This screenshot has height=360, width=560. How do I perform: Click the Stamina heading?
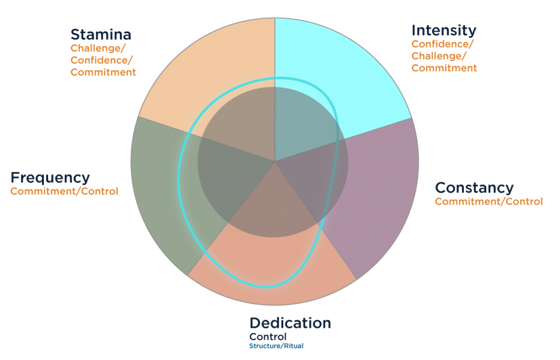tap(101, 35)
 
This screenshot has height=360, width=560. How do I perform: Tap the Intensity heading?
tap(444, 31)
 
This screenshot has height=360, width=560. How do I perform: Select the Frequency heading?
tap(50, 178)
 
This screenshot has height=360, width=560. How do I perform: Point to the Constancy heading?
tap(474, 188)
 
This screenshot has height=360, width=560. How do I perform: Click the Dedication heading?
tap(291, 323)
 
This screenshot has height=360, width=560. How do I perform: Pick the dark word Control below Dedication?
tap(268, 337)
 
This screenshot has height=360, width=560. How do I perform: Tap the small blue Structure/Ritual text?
tap(277, 346)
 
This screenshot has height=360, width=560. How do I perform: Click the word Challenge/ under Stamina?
tap(98, 49)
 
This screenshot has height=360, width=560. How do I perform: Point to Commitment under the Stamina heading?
tap(103, 72)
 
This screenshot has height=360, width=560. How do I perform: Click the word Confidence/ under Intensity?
tap(443, 44)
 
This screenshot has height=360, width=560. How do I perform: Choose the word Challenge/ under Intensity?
tap(439, 56)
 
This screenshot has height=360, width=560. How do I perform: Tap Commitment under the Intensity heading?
tap(444, 68)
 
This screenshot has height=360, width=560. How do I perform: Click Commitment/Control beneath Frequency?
tap(64, 191)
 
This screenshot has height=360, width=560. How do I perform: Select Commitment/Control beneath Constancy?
tap(489, 202)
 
